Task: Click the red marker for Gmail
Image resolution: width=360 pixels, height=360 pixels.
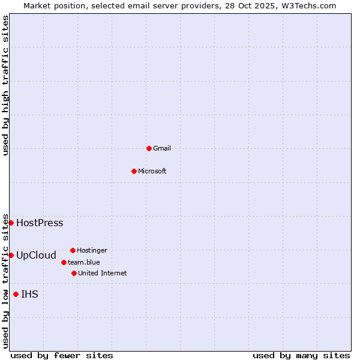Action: (x=149, y=148)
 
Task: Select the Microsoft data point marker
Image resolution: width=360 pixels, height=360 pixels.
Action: (x=134, y=171)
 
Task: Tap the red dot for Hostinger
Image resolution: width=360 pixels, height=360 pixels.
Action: (x=73, y=250)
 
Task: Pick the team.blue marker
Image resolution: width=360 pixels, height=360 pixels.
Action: (x=64, y=262)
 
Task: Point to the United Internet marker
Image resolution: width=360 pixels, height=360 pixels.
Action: (x=74, y=273)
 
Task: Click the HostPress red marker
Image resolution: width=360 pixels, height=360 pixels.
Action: (x=11, y=223)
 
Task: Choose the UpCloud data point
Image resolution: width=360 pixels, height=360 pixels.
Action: (x=11, y=255)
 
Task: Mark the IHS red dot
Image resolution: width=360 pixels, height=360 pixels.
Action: (x=16, y=294)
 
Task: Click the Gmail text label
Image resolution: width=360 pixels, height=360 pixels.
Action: (x=162, y=148)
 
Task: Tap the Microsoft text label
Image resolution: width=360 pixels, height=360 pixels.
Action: (x=152, y=171)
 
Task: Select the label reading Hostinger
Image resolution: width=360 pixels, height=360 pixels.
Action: (x=92, y=250)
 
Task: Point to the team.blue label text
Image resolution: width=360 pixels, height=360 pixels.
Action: (x=84, y=262)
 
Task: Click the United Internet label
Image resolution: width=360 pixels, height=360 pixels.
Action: (x=103, y=273)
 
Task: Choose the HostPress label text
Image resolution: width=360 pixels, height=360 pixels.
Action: (x=40, y=223)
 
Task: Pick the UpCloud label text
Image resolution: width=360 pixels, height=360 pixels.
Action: (x=36, y=256)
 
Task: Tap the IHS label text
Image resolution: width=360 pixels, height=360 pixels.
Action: (x=29, y=295)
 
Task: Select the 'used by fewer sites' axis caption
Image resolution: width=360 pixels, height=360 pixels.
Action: (x=62, y=355)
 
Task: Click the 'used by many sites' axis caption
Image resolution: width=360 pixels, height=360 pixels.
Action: (x=301, y=355)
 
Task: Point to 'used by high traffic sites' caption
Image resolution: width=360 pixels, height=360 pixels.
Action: (x=5, y=85)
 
